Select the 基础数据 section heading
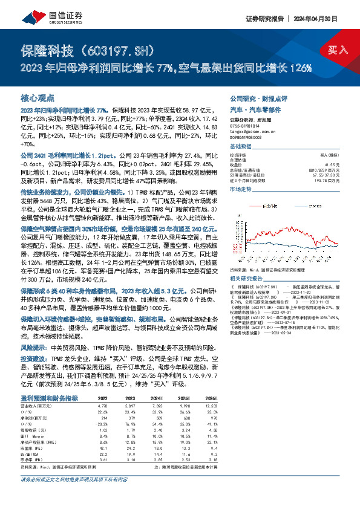coord(241,148)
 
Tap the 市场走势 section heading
coord(241,189)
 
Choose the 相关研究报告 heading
coord(246,261)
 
